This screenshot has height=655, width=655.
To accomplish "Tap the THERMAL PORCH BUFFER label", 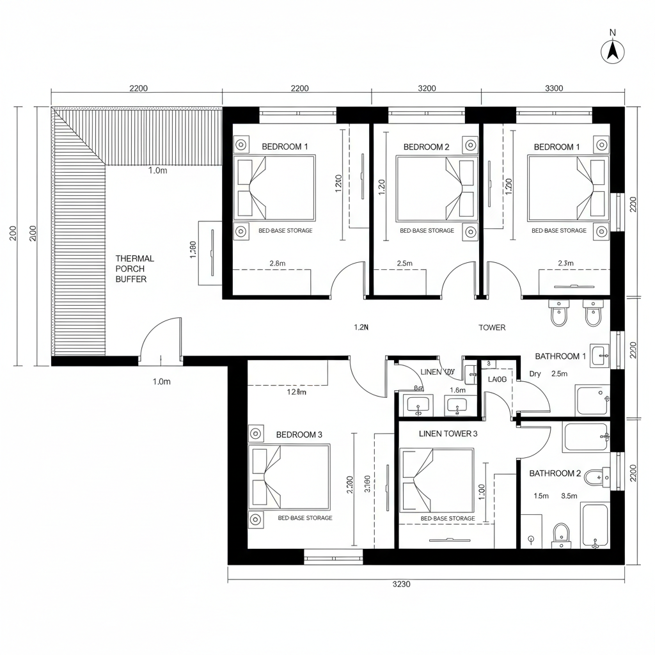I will (x=134, y=269).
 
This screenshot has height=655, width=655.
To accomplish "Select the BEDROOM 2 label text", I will (x=426, y=147).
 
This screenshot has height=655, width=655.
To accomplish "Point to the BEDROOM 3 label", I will (x=299, y=435).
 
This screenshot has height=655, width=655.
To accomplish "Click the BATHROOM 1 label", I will (x=560, y=356).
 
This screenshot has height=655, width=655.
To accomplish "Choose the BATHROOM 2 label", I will (x=555, y=473).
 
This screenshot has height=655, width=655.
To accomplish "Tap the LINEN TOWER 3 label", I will (x=448, y=434).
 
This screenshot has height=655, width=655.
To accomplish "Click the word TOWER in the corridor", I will (x=492, y=327).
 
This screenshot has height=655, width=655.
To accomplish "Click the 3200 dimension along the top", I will (x=426, y=88).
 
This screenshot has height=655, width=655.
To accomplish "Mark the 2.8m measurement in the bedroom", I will (x=278, y=263).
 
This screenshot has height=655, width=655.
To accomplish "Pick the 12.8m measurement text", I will (x=296, y=392).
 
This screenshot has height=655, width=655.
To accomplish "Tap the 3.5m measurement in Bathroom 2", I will (x=569, y=496).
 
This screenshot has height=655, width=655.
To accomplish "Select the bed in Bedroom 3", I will (x=289, y=475).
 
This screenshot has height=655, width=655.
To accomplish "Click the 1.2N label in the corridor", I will (x=361, y=327).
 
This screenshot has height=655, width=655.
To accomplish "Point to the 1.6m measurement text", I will (x=457, y=390).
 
